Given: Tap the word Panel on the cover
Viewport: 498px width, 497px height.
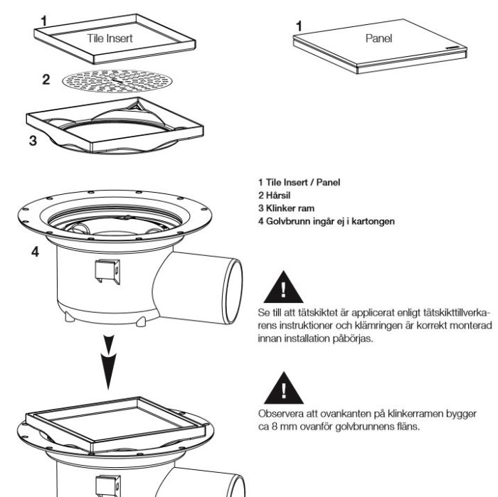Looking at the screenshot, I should pos(378,38).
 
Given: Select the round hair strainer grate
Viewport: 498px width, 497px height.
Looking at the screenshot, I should pos(113,82).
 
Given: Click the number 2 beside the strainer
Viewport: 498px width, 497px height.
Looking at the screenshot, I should pos(46,79).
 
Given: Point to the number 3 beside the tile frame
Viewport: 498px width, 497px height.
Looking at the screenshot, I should pos(33,139).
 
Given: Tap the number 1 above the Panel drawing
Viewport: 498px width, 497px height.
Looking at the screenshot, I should pos(300,26).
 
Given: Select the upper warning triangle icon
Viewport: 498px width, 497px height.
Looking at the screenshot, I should pos(284,289).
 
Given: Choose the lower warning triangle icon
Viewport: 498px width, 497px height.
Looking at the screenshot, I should pos(284,388).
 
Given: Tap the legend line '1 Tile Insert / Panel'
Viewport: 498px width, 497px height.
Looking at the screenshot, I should pos(299,182).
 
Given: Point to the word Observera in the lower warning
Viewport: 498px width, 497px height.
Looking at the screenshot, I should pos(279,413).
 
